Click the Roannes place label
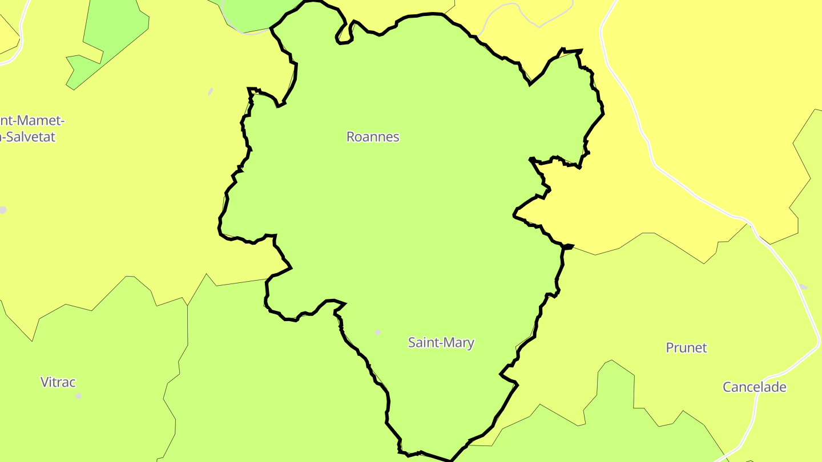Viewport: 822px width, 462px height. (x=373, y=137)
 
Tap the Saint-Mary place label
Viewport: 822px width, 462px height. (x=441, y=343)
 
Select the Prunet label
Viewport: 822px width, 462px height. (x=686, y=347)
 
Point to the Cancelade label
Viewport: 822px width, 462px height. (x=754, y=387)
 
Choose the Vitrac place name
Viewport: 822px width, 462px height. (x=58, y=382)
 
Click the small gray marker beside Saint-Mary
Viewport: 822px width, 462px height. (x=377, y=332)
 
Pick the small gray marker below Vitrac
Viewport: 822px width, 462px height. (x=78, y=396)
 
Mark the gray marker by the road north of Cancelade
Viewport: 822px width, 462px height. (x=803, y=286)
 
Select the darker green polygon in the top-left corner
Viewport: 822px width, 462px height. (x=114, y=34)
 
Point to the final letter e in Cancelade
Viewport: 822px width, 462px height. (x=783, y=388)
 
